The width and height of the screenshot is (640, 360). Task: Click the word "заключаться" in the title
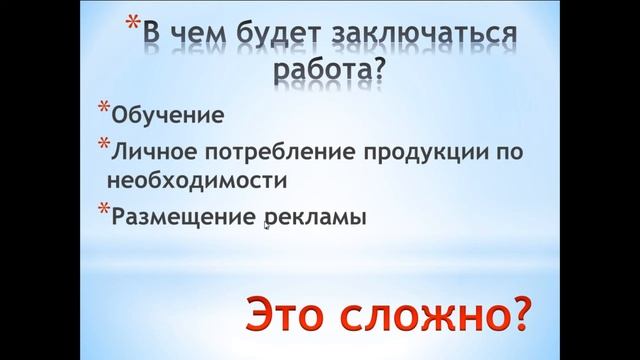tap(431, 37)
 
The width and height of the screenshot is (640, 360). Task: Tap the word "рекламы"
tap(309, 216)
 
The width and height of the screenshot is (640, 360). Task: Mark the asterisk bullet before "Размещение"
tap(104, 207)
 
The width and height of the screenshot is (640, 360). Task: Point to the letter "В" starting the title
tap(152, 37)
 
